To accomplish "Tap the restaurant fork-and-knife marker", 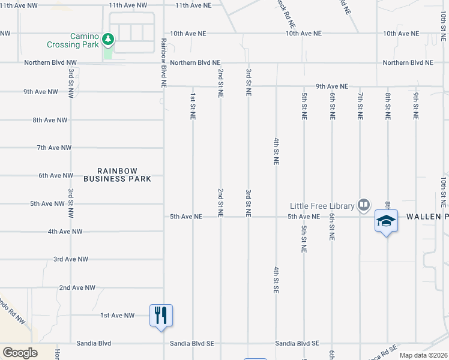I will coord(161,314).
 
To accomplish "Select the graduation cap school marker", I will coord(386,221).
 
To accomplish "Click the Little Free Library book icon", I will coord(363,205).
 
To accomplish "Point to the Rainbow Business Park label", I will coord(117,175).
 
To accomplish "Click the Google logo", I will coord(20,353).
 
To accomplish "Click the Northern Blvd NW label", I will coord(50,62).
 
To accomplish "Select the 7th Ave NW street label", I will coord(54,148).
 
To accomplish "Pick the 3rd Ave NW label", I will coord(71,259).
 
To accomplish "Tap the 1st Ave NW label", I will coord(117,315).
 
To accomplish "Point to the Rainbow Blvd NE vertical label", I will coord(163,64).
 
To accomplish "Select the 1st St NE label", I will coord(193,106).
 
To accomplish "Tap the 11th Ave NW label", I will coord(128,5).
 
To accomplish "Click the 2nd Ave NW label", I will coord(77,287).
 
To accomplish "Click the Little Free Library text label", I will coord(322,206).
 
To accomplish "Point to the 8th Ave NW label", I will coord(50,120).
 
